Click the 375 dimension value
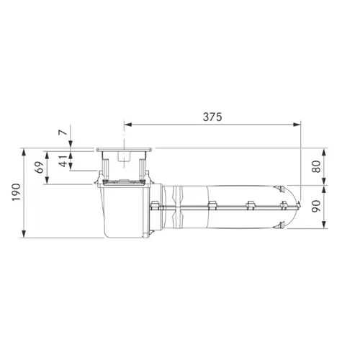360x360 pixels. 212,117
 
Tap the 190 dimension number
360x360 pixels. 17,192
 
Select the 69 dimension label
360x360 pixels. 39,167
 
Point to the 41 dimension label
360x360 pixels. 63,161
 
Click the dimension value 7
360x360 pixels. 63,132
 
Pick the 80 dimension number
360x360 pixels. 316,166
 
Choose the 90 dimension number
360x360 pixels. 316,206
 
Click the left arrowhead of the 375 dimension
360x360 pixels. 128,125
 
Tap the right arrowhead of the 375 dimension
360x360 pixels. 297,125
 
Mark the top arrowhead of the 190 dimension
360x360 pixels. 24,153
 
